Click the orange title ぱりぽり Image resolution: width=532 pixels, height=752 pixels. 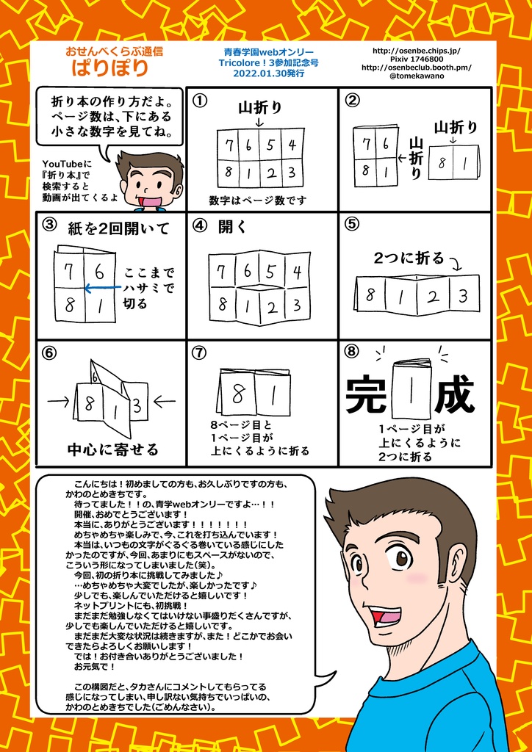109,69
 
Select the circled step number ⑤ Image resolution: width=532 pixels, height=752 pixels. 351,225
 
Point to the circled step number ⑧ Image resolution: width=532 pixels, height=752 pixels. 351,351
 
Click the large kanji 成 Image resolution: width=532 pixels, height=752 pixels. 453,395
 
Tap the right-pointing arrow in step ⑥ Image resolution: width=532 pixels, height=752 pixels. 57,401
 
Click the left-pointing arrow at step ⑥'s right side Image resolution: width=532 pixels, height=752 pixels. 165,401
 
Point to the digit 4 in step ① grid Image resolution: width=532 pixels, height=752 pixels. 292,145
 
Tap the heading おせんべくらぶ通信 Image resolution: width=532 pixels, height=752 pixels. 114,52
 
